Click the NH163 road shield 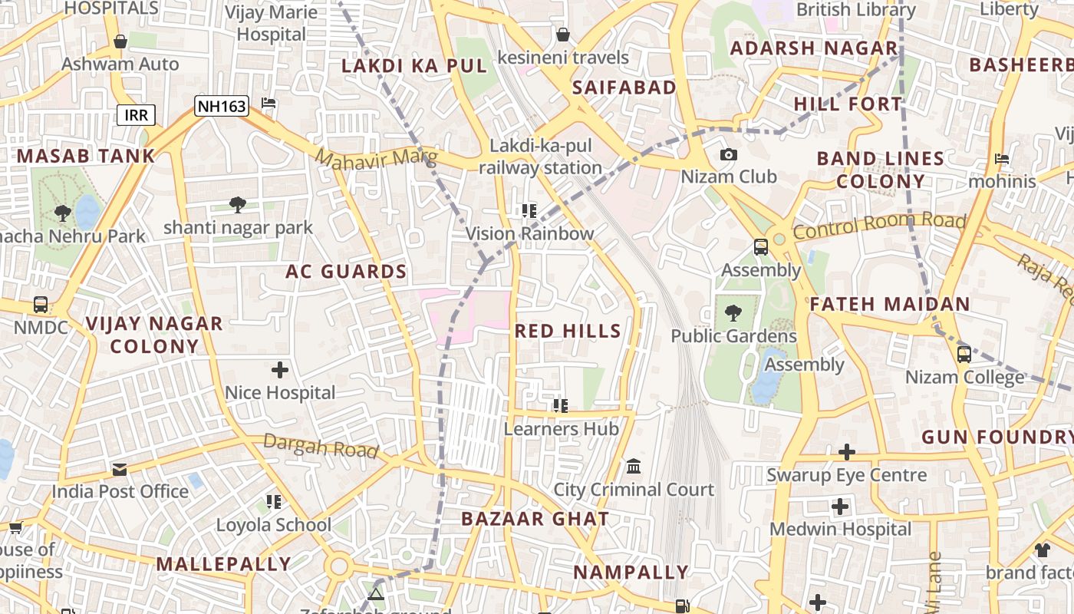[x=222, y=106]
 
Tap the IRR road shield [x=137, y=115]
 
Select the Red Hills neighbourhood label [x=568, y=331]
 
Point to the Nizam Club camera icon [x=729, y=155]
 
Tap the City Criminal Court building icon [x=634, y=467]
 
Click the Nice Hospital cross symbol [x=280, y=371]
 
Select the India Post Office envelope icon [x=120, y=469]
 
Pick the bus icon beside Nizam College [x=964, y=355]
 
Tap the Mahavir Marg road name [x=376, y=160]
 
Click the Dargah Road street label [x=321, y=445]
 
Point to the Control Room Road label [x=879, y=225]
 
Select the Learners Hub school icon [x=561, y=405]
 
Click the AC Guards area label [x=346, y=272]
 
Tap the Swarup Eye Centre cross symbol [x=847, y=452]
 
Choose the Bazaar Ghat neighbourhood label [x=535, y=519]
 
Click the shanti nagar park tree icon [x=238, y=205]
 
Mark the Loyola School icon [x=274, y=502]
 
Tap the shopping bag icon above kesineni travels [x=563, y=35]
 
